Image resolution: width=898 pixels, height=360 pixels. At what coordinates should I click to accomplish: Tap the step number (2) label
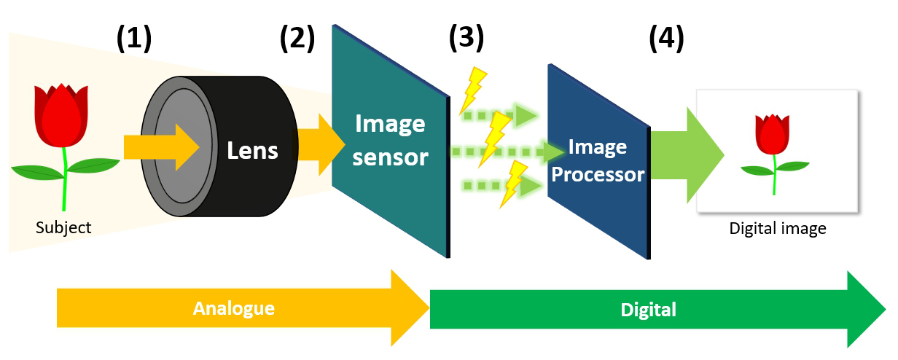tap(297, 40)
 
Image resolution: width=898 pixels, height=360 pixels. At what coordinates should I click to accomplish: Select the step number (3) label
tap(466, 40)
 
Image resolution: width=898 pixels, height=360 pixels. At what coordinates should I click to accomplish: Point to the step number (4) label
tap(666, 40)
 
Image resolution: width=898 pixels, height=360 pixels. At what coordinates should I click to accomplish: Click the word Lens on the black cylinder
tap(252, 150)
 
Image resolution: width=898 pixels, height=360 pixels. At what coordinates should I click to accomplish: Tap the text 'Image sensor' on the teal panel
tap(390, 140)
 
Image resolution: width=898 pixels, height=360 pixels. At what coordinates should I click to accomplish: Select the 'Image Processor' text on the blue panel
tap(597, 161)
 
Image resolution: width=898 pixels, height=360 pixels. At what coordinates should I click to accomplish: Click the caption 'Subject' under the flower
tap(63, 228)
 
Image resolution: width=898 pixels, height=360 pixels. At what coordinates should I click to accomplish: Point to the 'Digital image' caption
tap(778, 229)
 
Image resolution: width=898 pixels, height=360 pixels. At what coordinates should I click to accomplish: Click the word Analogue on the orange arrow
tap(233, 308)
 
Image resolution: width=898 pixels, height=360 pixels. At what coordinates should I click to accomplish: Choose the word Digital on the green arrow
tap(648, 310)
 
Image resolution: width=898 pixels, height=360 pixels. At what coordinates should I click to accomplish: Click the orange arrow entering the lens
tap(160, 146)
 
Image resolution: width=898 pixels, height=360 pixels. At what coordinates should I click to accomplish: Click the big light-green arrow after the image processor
tap(685, 154)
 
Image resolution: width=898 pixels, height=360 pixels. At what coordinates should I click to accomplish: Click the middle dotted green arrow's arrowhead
tap(555, 152)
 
